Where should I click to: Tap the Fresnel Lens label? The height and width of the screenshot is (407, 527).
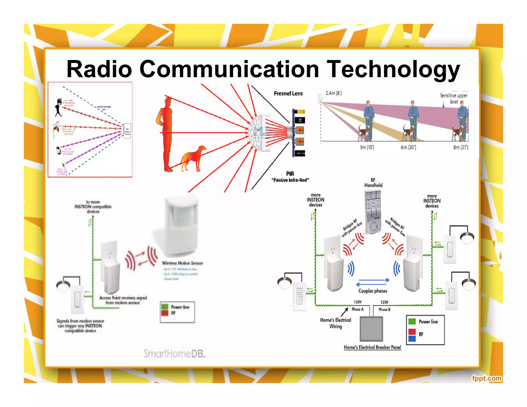point(288,94)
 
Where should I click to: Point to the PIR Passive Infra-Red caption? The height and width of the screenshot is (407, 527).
point(290,177)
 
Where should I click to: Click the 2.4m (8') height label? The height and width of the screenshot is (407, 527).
point(333,93)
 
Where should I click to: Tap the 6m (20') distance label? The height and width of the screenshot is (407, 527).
point(408,147)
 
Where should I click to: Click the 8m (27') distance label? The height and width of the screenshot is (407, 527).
point(461,147)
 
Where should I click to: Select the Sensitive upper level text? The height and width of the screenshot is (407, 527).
point(454,98)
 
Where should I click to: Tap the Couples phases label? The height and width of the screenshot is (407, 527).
point(373,291)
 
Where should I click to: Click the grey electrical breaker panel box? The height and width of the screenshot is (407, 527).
point(371,329)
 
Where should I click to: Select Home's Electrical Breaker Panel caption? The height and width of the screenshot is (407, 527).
point(372,347)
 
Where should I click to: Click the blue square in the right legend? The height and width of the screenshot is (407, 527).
point(412,338)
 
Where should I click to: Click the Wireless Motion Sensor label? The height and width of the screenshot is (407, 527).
point(182,263)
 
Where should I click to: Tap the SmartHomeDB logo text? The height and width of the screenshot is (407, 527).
point(174,354)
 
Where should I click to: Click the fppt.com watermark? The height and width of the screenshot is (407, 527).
point(486,378)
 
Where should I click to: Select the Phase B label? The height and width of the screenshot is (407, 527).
point(384,309)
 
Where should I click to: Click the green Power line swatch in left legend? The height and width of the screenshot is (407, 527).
point(165,307)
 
